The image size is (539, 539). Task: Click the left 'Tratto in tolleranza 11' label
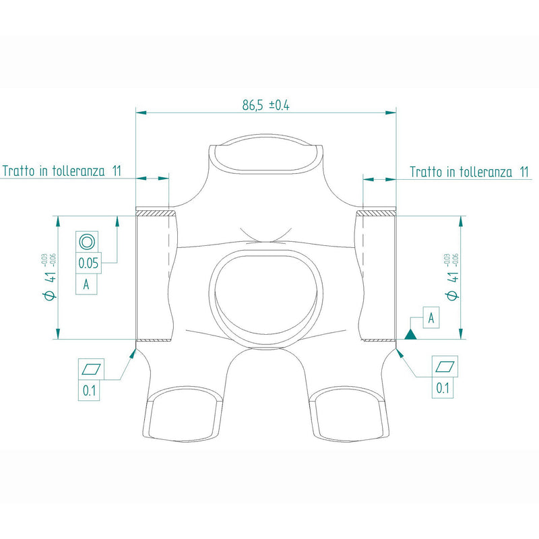pos(61,171)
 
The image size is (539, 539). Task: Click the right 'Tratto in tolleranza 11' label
pos(469,172)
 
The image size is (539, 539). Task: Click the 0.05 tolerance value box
pos(89,263)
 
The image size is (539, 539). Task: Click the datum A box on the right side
pos(432,317)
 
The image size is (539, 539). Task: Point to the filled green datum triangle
pos(411,333)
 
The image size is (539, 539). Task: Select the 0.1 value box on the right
pos(443,387)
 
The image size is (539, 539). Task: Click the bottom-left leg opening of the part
pos(183,418)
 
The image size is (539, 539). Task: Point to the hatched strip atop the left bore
pos(156,213)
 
